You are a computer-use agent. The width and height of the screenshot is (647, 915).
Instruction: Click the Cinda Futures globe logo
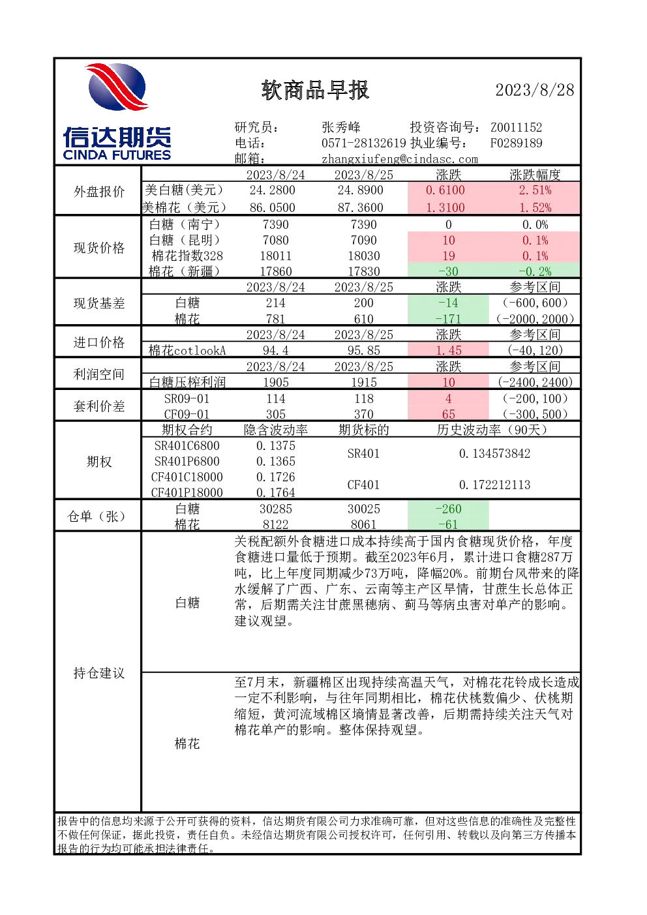tap(117, 87)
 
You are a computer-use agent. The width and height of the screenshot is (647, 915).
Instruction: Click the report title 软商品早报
tap(315, 90)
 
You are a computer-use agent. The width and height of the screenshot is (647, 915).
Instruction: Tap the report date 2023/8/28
tap(535, 90)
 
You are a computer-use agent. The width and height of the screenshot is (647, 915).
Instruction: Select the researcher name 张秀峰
tap(341, 127)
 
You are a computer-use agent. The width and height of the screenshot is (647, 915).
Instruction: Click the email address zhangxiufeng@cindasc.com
tap(399, 159)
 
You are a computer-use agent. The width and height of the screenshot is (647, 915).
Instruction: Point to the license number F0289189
tap(517, 143)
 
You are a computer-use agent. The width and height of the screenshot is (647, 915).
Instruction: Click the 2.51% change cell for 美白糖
tap(535, 190)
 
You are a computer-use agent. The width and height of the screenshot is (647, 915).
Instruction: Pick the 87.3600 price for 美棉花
tap(360, 207)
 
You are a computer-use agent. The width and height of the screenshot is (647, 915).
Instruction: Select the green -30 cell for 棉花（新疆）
tap(448, 271)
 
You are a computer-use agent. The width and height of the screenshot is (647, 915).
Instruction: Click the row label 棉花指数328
tap(187, 256)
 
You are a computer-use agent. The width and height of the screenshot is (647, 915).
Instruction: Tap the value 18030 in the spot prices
tap(363, 256)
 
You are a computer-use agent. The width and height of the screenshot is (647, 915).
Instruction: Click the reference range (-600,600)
tap(535, 303)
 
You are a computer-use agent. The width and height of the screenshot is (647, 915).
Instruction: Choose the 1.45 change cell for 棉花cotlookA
tap(448, 350)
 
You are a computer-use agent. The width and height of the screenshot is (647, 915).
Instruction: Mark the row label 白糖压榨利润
tap(187, 382)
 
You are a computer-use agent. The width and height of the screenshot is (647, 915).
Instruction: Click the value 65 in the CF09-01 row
tap(448, 414)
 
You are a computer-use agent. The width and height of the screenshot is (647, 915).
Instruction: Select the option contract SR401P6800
tap(187, 461)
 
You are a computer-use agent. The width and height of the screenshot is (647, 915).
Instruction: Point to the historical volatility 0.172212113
tap(494, 485)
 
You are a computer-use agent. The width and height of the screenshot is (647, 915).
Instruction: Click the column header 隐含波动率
tap(276, 430)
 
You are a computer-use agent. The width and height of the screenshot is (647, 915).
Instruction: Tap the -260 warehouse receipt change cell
tap(448, 509)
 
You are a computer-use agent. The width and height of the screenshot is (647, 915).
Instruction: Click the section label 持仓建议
tap(99, 673)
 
